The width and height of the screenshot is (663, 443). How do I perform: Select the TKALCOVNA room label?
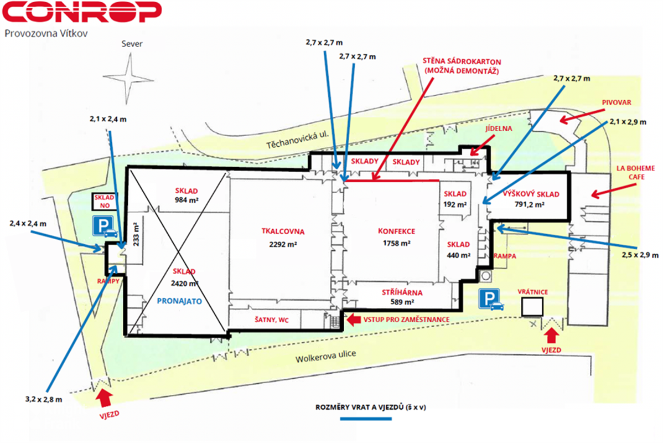[283, 231]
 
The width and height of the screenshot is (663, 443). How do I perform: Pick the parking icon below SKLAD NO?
[104, 226]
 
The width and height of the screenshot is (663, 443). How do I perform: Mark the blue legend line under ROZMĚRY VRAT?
[366, 419]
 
